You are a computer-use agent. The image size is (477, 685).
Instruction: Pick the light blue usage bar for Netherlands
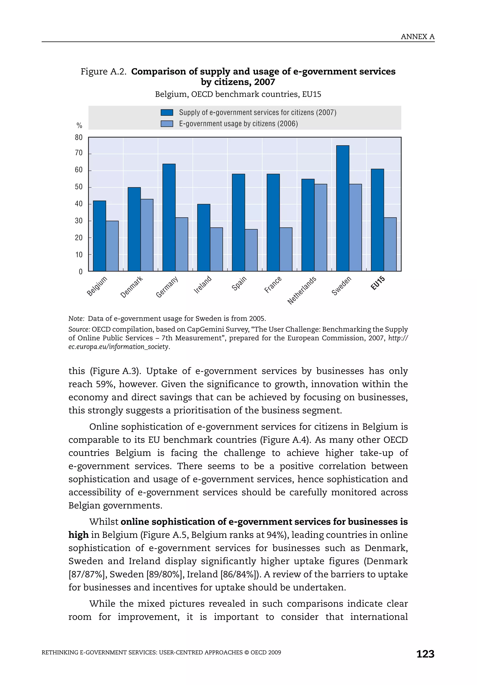point(321,227)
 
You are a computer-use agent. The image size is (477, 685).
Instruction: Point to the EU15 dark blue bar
point(377,220)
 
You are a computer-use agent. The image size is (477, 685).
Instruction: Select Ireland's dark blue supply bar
point(204,238)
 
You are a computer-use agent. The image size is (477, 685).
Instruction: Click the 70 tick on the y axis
point(79,153)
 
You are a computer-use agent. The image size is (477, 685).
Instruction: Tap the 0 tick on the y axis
point(81,272)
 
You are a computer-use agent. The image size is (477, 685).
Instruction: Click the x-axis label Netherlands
point(302,290)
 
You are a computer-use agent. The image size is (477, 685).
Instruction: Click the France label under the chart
point(273,285)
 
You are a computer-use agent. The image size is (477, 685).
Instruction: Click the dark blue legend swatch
point(167,112)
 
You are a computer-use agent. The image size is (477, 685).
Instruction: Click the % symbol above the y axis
point(79,126)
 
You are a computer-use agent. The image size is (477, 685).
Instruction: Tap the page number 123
point(425,654)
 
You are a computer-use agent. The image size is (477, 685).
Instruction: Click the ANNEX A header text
point(417,37)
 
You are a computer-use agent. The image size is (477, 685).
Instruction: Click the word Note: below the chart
point(76,319)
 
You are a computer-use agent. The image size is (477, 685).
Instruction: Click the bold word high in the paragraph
point(78,535)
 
